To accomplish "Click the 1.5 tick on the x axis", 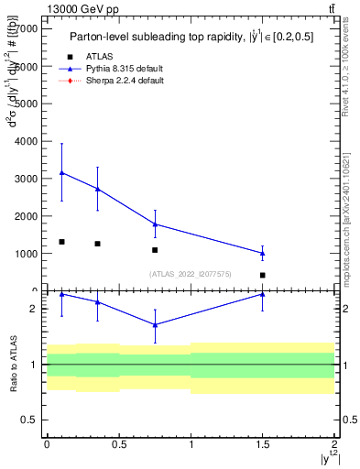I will pos(262,446).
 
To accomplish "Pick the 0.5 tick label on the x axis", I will pos(118,446).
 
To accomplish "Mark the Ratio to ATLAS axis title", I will pos(13,365).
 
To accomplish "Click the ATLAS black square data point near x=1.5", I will pos(263,275).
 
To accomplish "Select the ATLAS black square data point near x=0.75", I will pos(155,250).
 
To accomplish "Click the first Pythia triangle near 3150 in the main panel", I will pos(61,172).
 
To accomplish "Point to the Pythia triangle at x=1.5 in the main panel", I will pos(263,253).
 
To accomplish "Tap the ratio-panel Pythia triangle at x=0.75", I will pos(155,324).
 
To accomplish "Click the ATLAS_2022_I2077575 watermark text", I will pos(191,274).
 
